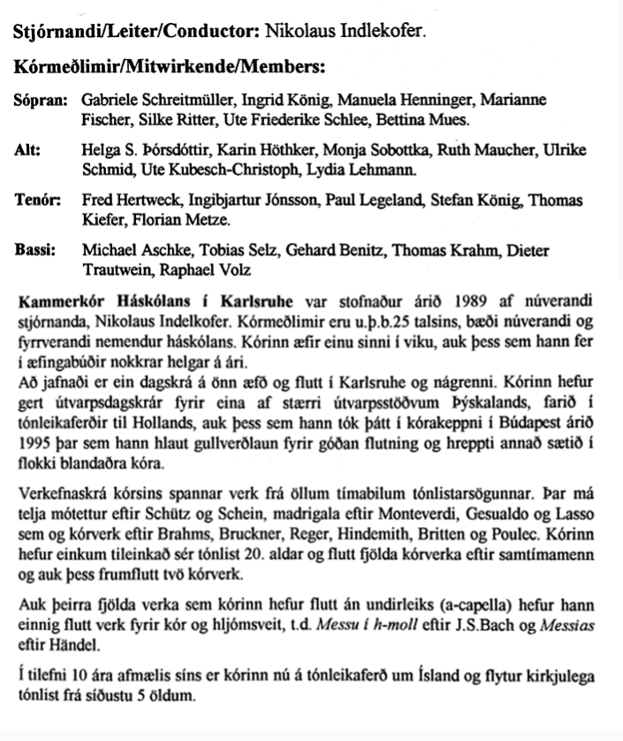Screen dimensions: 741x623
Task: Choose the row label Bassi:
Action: pyautogui.click(x=35, y=251)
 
